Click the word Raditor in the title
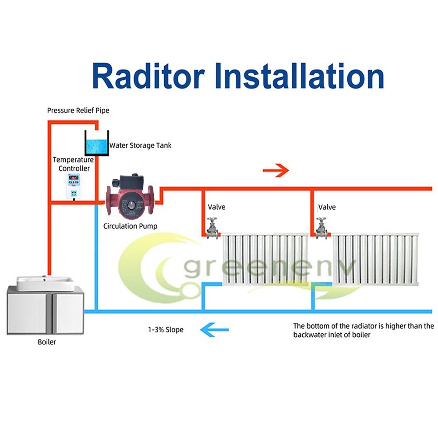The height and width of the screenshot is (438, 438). coord(148,76)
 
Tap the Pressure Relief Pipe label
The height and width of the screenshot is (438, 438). coord(78,111)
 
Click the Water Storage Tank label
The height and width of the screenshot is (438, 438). coord(140,145)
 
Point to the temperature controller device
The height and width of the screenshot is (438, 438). coord(74,186)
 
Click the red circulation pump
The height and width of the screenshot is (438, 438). coord(130,197)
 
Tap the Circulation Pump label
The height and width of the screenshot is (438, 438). coord(130,226)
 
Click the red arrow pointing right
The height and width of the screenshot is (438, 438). coord(276,170)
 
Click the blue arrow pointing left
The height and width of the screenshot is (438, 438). coord(215,330)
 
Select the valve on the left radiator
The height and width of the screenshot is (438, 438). coord(212,228)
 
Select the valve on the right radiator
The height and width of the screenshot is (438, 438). coord(322,228)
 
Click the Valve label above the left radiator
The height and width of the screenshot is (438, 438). coord(216,207)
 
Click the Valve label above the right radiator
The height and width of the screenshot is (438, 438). coord(327,207)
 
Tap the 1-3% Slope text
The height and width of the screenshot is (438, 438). coord(166,330)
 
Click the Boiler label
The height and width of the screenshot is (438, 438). coord(47,342)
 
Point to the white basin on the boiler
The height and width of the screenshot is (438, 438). coord(45,283)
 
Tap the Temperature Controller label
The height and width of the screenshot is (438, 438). coord(74,164)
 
